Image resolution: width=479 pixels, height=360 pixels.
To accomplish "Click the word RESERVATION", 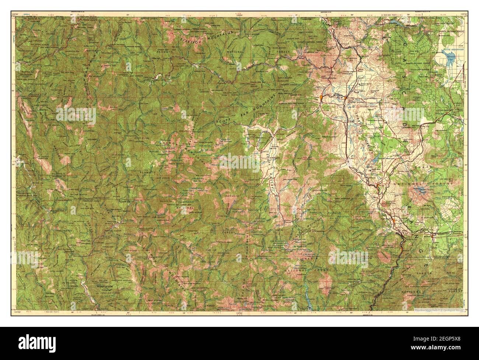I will tap(104, 286).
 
